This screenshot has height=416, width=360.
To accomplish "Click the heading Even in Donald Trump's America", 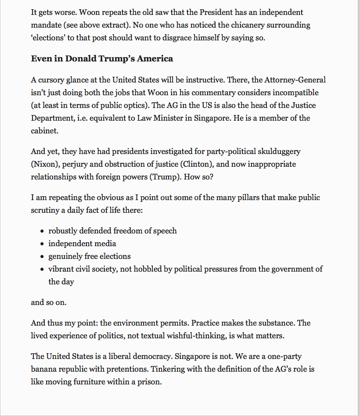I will pos(102,58).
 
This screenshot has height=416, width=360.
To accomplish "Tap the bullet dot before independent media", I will pos(42,244).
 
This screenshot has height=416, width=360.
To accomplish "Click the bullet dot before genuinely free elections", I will pos(42,257).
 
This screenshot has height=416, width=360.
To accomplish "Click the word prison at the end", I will pos(150,382).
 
